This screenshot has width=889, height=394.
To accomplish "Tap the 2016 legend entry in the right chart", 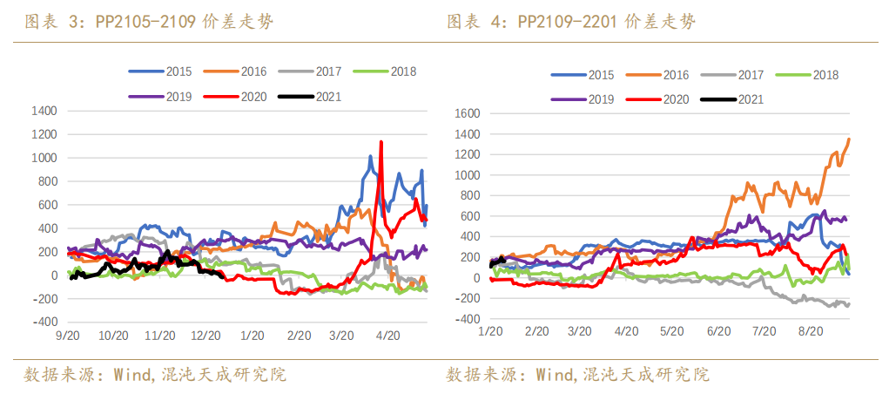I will pos(659,75).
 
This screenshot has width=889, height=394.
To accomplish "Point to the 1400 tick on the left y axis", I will pos(44,112).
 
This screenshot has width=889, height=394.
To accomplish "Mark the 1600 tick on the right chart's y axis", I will pos(468,113).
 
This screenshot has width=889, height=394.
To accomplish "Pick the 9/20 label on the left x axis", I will pos(68,335).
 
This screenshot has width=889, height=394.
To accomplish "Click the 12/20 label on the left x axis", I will pos(206,335).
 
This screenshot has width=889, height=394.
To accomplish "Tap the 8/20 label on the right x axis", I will pos(810,331).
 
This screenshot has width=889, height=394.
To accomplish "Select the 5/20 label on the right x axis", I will pos(670,331).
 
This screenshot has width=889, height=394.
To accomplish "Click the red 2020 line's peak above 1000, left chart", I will pos(381,142).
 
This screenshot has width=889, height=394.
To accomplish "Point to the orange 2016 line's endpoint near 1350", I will pos(849,139).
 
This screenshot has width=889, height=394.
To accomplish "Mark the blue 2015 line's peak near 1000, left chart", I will pos(370,157).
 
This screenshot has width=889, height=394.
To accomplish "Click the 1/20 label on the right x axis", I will pos(492,331).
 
